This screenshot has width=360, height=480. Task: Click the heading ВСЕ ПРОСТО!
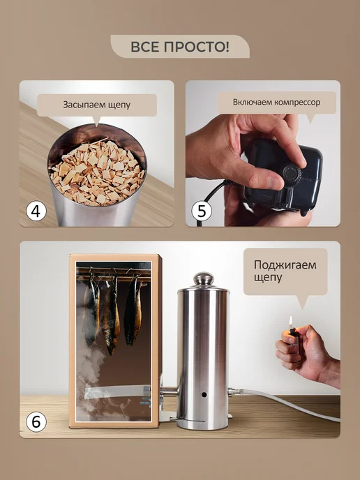tap(180, 47)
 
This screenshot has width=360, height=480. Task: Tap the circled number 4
tap(36, 211)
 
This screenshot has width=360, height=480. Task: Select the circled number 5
tap(202, 211)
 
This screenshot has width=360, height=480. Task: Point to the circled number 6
tap(36, 422)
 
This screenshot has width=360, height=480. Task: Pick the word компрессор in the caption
tap(297, 103)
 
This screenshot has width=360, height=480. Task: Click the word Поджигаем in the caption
tap(285, 265)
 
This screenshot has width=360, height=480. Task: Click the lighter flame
tap(290, 321)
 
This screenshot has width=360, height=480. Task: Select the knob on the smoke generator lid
tap(204, 278)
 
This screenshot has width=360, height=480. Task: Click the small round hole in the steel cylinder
tap(204, 395)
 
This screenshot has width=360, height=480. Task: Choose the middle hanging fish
tap(111, 315)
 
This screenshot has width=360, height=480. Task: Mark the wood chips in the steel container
tap(97, 172)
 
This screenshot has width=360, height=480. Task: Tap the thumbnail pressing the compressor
tap(274, 183)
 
